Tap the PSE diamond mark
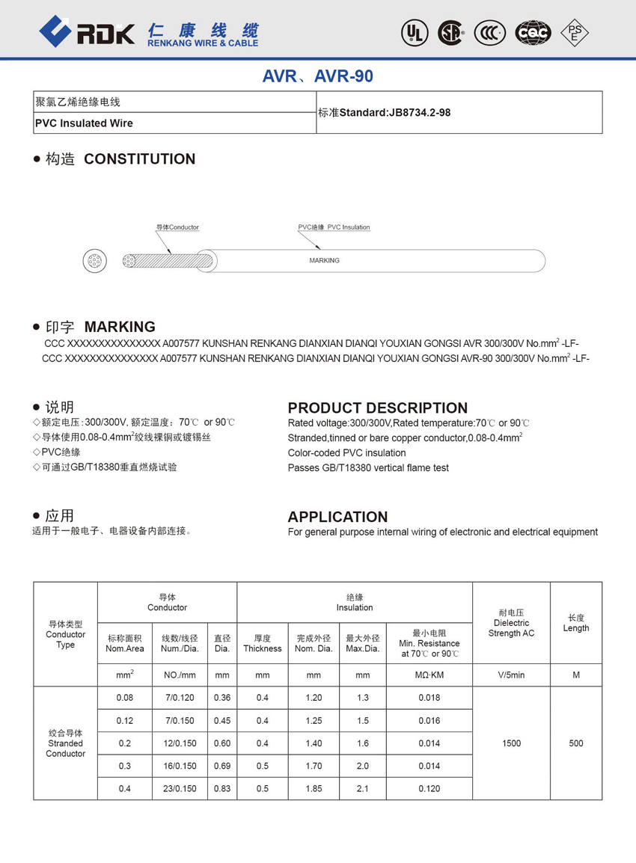575,32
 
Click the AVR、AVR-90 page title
317,76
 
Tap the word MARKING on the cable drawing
324,261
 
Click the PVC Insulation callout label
334,227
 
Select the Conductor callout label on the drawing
177,227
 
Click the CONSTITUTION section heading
139,159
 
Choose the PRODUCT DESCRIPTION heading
377,408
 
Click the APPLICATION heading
337,517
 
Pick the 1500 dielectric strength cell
511,743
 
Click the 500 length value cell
575,743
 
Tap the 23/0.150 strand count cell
180,788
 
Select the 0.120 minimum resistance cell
429,788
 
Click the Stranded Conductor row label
66,743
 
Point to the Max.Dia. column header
362,643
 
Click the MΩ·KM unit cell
429,675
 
